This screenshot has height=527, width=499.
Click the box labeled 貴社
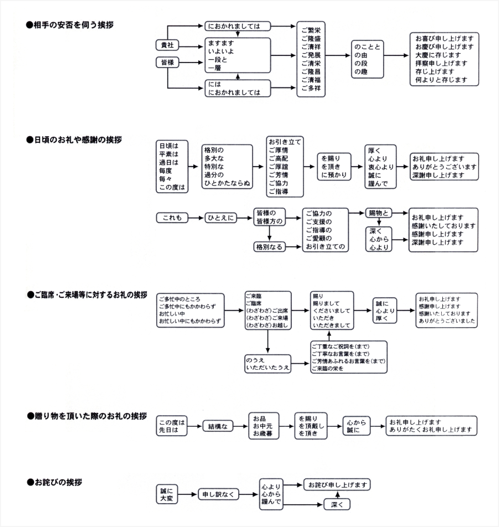pyautogui.click(x=167, y=45)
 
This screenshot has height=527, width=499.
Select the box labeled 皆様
pyautogui.click(x=167, y=63)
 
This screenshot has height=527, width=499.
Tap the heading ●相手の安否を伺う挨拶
pyautogui.click(x=70, y=25)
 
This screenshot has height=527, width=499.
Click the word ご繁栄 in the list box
pyautogui.click(x=311, y=30)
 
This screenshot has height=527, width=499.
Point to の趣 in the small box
pyautogui.click(x=361, y=72)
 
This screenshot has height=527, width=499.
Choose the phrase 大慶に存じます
pyautogui.click(x=438, y=55)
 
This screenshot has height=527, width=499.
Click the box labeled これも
pyautogui.click(x=172, y=218)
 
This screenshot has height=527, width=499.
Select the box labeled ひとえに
pyautogui.click(x=220, y=218)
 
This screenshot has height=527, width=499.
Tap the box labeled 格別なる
pyautogui.click(x=269, y=247)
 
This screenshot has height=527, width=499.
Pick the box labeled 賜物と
pyautogui.click(x=379, y=213)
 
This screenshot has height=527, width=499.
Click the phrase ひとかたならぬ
pyautogui.click(x=227, y=183)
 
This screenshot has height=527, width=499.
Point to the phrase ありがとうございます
pyautogui.click(x=445, y=167)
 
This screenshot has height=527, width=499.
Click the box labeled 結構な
pyautogui.click(x=218, y=427)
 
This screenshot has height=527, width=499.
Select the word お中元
pyautogui.click(x=263, y=426)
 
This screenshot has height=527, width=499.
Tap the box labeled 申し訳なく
pyautogui.click(x=218, y=494)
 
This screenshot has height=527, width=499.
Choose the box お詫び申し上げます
pyautogui.click(x=337, y=485)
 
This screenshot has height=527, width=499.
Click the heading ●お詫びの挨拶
pyautogui.click(x=55, y=482)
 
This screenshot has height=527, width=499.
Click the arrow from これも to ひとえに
pyautogui.click(x=196, y=218)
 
